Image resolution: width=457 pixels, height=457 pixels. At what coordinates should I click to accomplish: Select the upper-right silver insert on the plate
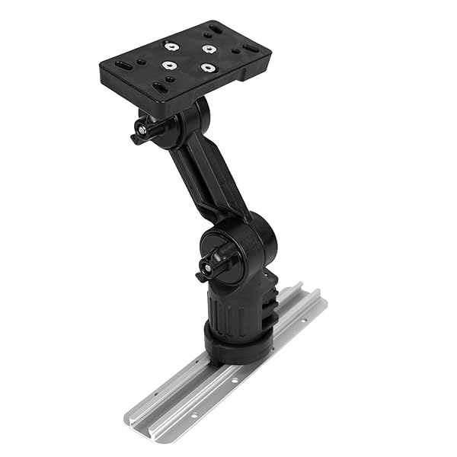(x=208, y=48)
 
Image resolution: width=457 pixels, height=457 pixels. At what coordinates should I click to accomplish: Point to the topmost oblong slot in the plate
(x=215, y=30)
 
